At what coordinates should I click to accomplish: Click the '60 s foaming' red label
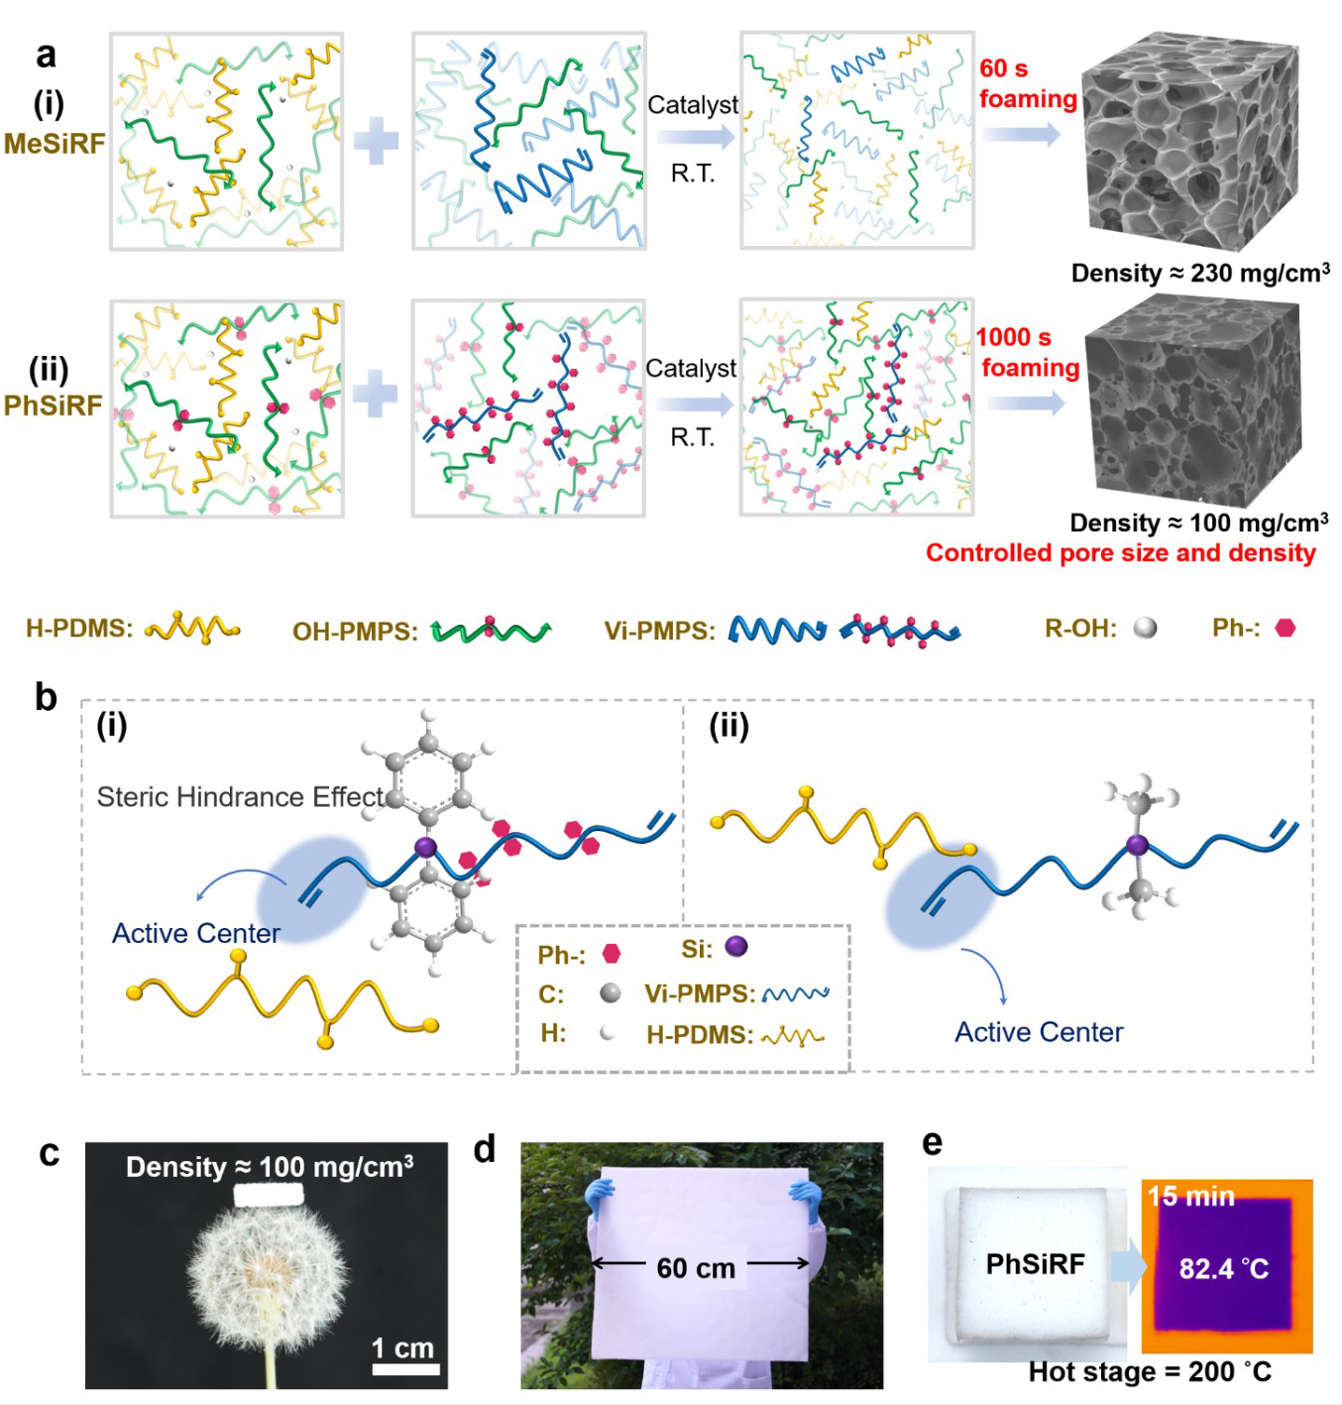coord(1027,83)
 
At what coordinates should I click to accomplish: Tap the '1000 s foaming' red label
coord(1028,352)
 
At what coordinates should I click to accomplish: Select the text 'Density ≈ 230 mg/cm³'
coord(1199,273)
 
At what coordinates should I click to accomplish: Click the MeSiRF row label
coord(54,143)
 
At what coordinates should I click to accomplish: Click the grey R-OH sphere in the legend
coord(1145,628)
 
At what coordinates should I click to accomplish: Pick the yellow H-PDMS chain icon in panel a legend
coord(192,629)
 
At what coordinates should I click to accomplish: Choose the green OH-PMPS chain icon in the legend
coord(491,630)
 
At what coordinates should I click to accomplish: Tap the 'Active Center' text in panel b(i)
coord(196,933)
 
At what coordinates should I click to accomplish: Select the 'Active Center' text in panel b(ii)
coord(1039,1032)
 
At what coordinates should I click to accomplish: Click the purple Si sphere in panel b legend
coord(736,947)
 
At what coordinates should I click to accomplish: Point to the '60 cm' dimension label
coord(696,1267)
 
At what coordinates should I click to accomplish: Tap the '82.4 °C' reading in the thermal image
coord(1223,1268)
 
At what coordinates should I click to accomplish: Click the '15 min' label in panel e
coord(1190,1196)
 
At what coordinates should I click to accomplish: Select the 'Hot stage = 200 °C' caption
coord(1149,1371)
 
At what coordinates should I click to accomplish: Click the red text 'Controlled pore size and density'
coord(1120,552)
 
